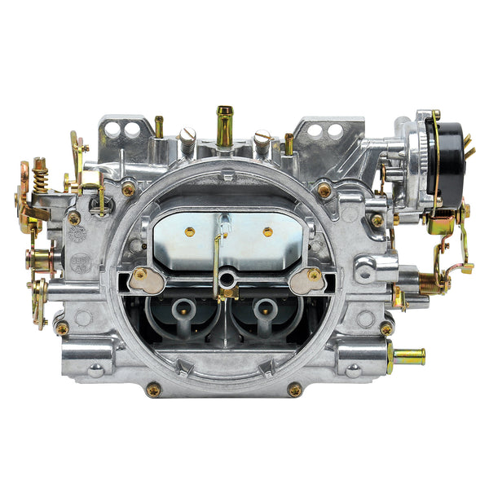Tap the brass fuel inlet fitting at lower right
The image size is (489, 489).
click(407, 355)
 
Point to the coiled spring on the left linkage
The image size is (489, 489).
click(40, 176)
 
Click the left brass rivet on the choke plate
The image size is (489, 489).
click(190, 231)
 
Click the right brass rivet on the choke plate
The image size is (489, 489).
click(267, 231)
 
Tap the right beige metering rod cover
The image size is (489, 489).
click(306, 280)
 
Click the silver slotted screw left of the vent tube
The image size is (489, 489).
click(188, 138)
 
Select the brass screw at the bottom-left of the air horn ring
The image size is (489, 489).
click(153, 390)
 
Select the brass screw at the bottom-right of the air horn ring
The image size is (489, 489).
click(295, 390)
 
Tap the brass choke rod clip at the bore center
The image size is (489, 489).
click(227, 289)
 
